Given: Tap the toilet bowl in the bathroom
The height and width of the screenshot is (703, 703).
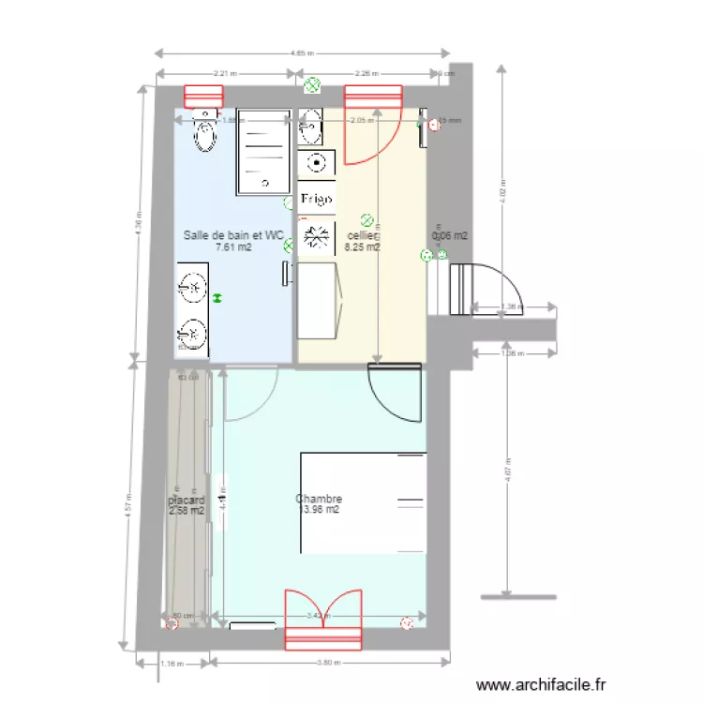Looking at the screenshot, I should coord(203,137).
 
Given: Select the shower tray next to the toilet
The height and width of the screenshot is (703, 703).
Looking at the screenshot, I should coord(263,151).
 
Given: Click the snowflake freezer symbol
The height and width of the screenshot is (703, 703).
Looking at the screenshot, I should coord(316,235).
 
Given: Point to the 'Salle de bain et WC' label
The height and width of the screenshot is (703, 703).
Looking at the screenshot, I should coord(233,235).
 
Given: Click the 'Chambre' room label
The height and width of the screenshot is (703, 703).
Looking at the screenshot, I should coord(319,499).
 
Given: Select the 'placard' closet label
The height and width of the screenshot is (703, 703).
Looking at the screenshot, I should coord(186,501).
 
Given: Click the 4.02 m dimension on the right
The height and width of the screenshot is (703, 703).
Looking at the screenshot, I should coord(502,191).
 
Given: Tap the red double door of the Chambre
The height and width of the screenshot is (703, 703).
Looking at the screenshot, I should coord(322,619).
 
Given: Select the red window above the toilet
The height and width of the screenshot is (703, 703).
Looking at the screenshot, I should coord(203,97).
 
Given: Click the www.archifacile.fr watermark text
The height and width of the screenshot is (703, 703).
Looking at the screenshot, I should coord(542,685).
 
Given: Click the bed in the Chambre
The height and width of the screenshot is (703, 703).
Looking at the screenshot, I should coord(363,502).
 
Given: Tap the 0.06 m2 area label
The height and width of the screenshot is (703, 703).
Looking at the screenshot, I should coord(449,236).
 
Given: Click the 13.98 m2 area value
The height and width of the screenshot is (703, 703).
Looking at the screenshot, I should coord(319,511).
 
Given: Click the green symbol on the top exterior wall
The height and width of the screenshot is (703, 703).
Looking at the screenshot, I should coord(312,86).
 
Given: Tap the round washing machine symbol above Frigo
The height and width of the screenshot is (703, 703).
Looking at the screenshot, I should coord(317,163).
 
